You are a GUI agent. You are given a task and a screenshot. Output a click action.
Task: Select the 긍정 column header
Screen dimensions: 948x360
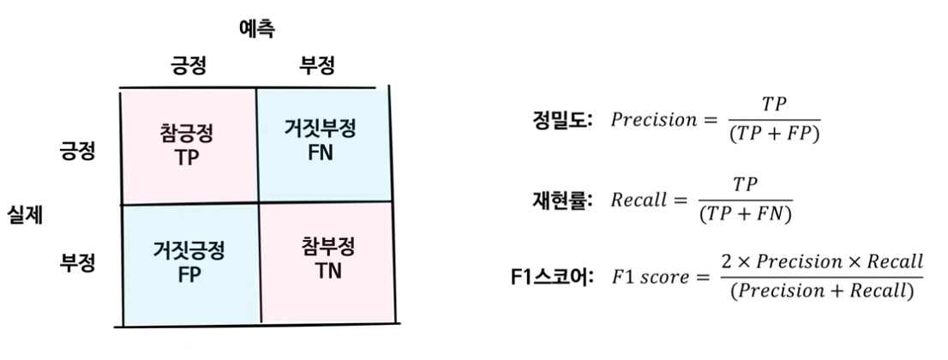188,65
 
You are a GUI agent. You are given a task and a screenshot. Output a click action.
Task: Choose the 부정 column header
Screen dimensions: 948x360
316,65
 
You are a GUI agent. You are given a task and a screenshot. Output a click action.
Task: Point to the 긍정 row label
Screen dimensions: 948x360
77,153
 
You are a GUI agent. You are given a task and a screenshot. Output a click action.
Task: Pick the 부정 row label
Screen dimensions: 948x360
77,261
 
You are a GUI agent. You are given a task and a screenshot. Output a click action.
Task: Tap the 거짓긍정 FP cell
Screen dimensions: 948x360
189,261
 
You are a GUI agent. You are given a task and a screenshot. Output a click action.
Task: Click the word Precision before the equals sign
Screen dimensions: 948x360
654,120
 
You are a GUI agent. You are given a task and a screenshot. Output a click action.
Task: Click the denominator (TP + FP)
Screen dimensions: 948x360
774,135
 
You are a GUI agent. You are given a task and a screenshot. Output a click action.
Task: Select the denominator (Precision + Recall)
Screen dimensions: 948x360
821,291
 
